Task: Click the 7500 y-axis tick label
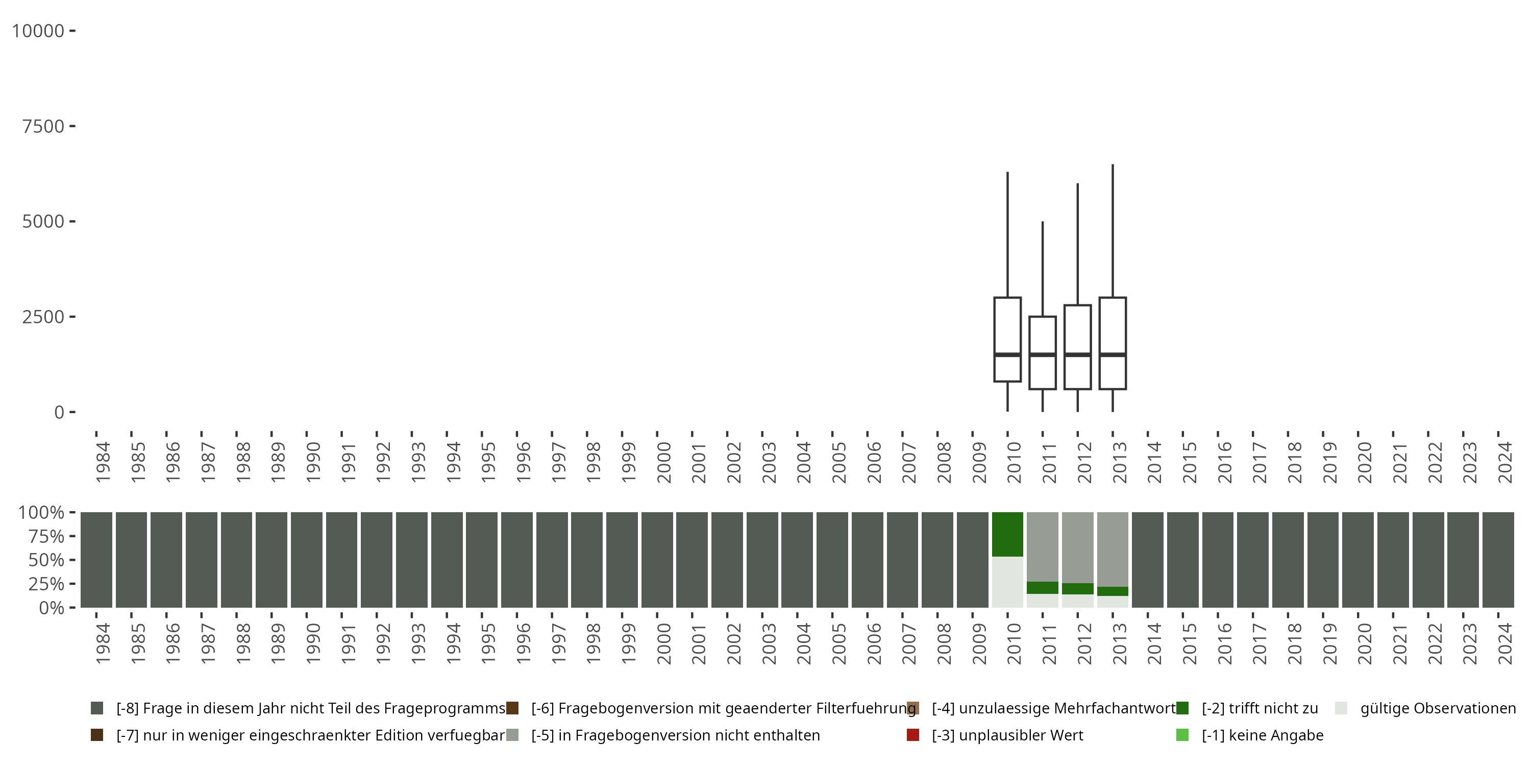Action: (x=43, y=126)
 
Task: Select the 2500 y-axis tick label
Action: (x=43, y=317)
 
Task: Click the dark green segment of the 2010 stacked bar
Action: (x=1007, y=534)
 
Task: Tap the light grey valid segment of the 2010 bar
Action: (x=1007, y=582)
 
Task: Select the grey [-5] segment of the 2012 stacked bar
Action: (x=1077, y=547)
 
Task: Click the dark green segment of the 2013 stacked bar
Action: (x=1113, y=591)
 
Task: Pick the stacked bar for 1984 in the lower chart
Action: (x=96, y=560)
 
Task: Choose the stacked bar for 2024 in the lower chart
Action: (x=1498, y=560)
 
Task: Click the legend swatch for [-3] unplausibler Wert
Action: (x=913, y=735)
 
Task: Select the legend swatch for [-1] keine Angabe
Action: (x=1182, y=735)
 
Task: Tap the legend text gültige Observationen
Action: (x=1438, y=708)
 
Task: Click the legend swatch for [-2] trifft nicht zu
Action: (x=1182, y=708)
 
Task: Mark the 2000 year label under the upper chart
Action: (x=663, y=463)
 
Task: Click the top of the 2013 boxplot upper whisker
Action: (x=1113, y=165)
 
